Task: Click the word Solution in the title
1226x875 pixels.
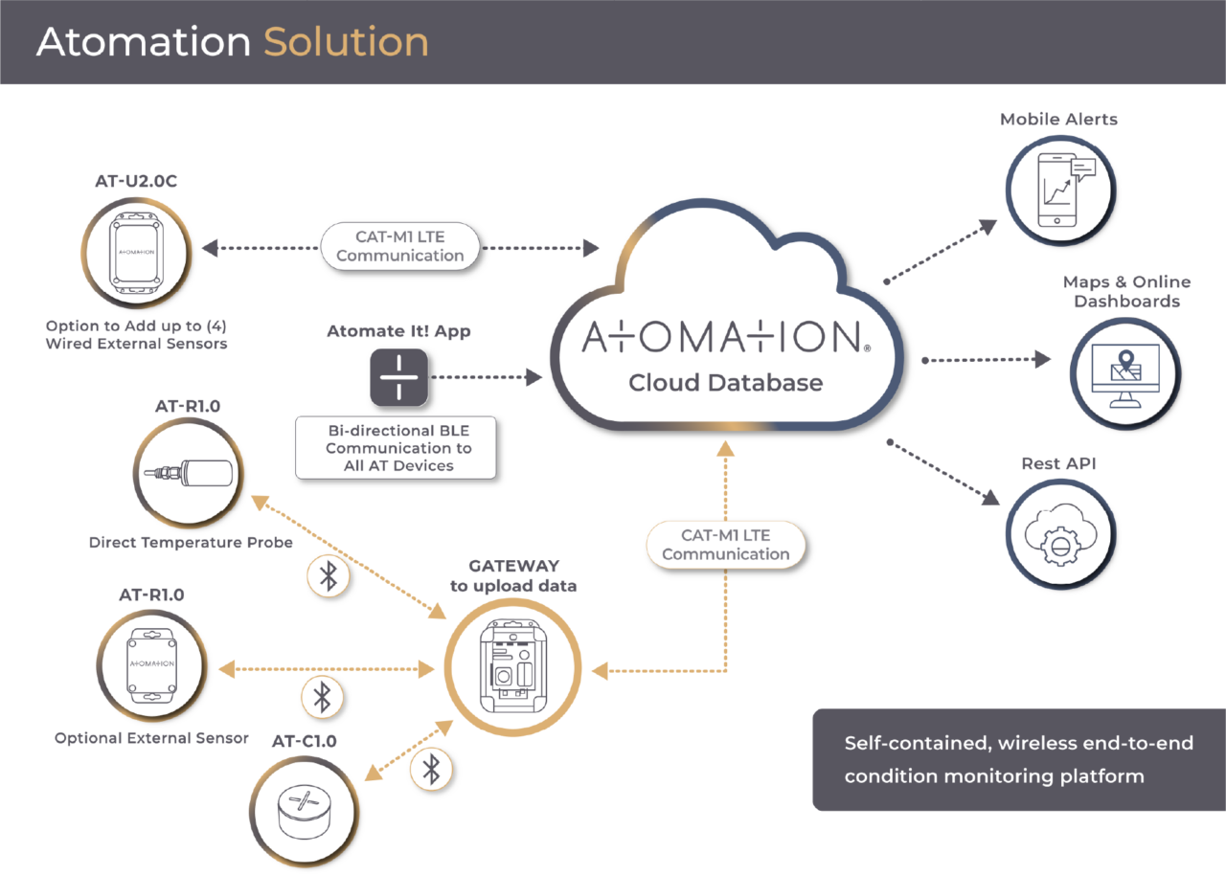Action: coord(346,42)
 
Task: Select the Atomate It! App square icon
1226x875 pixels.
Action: coord(399,377)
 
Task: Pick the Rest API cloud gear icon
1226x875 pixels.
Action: coord(1059,532)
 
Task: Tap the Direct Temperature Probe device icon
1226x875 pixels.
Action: coord(188,473)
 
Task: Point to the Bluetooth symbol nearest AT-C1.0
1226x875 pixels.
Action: coord(432,768)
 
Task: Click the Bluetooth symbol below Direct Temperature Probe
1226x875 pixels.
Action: coord(328,576)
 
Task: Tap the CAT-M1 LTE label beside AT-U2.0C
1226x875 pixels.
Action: coord(400,246)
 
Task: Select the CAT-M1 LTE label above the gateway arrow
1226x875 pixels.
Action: coord(725,545)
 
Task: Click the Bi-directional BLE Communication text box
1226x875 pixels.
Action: coord(396,447)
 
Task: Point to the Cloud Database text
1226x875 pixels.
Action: coord(725,383)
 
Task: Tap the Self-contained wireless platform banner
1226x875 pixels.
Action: coord(1019,759)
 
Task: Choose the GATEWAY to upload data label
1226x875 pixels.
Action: coord(513,575)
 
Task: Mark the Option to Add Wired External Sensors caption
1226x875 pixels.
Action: coord(136,335)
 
